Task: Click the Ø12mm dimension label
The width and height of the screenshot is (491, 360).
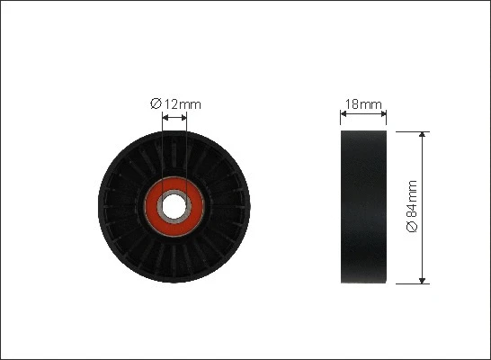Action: click(176, 104)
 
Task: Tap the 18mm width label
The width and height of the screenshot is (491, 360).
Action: click(364, 104)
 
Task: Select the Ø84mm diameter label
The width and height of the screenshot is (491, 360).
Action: click(413, 206)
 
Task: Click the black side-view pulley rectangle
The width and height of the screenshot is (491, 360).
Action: click(364, 206)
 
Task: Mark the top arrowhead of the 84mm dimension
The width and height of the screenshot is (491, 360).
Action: click(424, 134)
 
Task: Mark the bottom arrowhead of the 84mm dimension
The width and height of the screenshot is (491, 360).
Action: click(424, 279)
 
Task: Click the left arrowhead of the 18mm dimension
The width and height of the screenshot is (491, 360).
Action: click(344, 115)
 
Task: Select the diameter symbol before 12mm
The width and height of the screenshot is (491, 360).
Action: click(155, 104)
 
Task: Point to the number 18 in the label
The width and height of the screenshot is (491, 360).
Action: click(353, 104)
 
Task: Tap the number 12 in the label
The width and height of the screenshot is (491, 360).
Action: click(169, 104)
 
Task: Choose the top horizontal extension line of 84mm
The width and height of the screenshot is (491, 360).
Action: click(409, 130)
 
